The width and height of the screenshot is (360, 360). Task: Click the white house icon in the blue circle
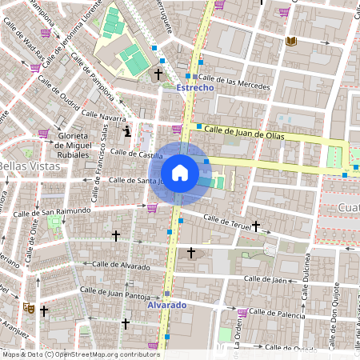[180, 172]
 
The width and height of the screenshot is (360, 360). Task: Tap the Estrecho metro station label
[194, 88]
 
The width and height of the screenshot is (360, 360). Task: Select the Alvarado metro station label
[166, 306]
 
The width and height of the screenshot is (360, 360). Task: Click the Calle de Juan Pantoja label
[118, 294]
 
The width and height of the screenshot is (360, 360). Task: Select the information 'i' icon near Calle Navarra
[126, 130]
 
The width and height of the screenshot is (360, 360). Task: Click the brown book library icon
[289, 41]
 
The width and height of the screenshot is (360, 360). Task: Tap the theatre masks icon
[28, 306]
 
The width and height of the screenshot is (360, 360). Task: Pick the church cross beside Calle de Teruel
[256, 226]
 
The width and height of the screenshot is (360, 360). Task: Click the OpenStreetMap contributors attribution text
[80, 354]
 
